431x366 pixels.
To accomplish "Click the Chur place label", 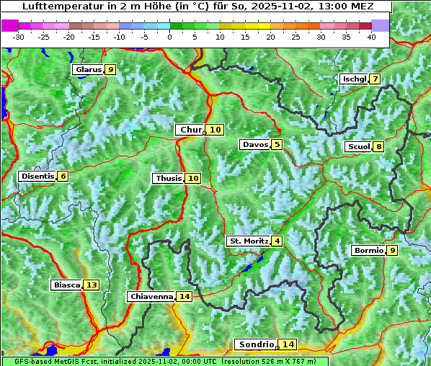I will [x=191, y=130].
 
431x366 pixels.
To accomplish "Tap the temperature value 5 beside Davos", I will [x=277, y=145].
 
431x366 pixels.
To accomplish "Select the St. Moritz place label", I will [x=249, y=241].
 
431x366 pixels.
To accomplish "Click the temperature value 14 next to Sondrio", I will [x=288, y=344].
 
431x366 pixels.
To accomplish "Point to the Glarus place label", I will [x=87, y=70].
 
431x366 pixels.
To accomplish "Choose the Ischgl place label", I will [x=354, y=79].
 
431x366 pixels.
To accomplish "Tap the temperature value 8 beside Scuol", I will [x=378, y=147].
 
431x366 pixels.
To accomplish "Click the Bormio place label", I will [x=368, y=251].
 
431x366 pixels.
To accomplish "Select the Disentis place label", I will [x=37, y=176].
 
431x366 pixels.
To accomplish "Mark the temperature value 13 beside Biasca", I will [x=91, y=285].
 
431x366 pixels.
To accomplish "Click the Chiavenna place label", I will [x=151, y=296].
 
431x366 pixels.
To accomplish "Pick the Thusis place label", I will [x=168, y=178].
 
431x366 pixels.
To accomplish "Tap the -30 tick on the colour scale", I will [x=19, y=37].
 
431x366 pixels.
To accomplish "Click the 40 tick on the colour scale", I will [x=371, y=37].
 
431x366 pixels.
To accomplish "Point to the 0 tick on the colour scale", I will [x=170, y=37].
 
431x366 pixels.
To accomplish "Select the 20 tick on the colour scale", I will [x=270, y=37].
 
